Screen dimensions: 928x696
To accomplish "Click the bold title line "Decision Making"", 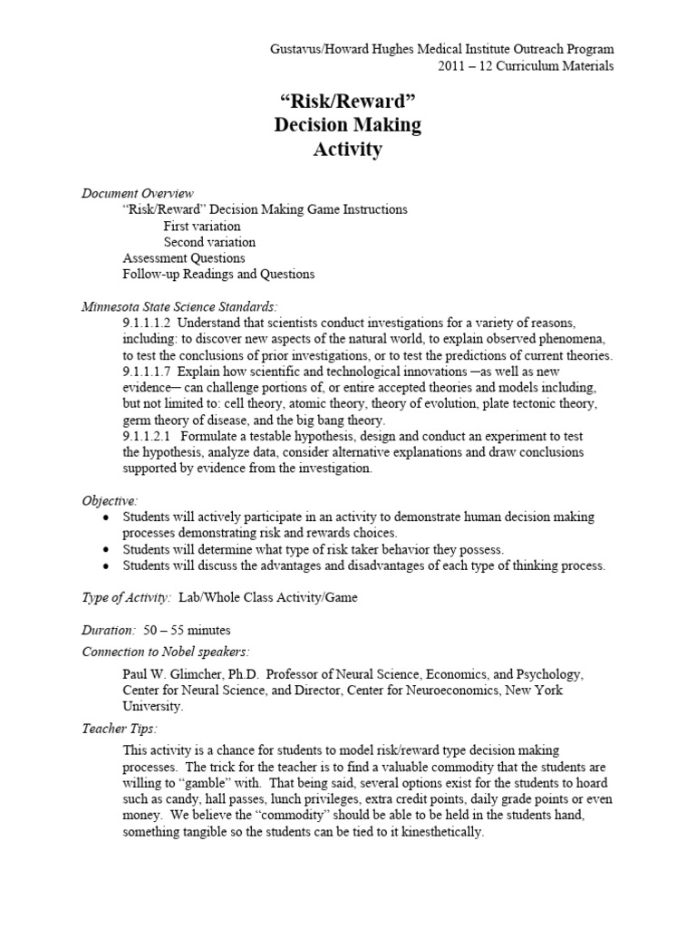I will [348, 125].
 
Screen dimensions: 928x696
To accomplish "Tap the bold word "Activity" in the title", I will [347, 150].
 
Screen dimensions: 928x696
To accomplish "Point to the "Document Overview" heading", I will [138, 193].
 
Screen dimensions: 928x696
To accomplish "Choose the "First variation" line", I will [202, 226].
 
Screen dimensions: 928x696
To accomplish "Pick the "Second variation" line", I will [209, 242].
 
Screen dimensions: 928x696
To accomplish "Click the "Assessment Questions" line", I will [183, 257].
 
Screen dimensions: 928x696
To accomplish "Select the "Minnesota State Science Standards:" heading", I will [179, 306].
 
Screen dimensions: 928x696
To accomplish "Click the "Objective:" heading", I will [110, 500].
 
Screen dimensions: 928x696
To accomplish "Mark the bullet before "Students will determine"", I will [107, 550].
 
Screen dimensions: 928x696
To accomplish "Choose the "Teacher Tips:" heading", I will [120, 729].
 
